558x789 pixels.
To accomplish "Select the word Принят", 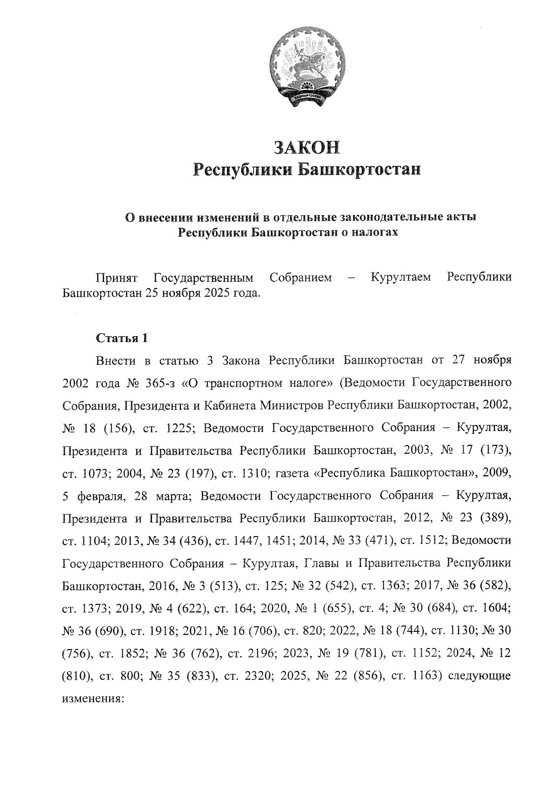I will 116,278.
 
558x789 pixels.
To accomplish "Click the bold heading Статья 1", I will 122,338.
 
